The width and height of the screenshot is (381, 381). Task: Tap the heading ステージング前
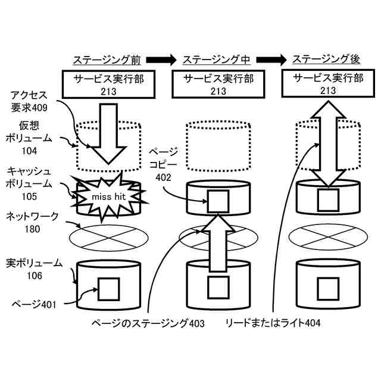pos(107,60)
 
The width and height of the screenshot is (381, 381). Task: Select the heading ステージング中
pos(216,60)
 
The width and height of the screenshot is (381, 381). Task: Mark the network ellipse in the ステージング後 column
pos(326,236)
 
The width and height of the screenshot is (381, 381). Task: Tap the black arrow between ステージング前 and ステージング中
pos(161,60)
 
